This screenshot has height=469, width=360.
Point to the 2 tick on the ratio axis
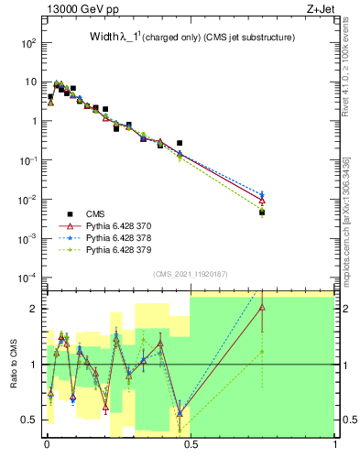36,309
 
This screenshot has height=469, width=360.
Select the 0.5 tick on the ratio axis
33,420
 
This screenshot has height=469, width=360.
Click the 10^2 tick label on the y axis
30,43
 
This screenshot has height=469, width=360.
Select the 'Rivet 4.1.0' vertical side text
349,73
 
